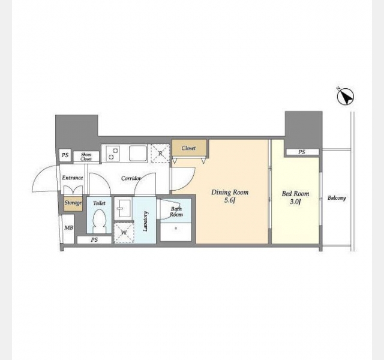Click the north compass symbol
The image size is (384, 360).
click(x=346, y=97)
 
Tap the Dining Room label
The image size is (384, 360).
click(x=230, y=193)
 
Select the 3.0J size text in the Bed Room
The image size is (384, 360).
click(x=295, y=202)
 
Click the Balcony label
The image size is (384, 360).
click(x=337, y=198)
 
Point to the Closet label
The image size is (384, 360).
click(x=188, y=148)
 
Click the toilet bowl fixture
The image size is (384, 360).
click(x=99, y=221)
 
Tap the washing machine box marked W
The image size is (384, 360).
click(x=124, y=232)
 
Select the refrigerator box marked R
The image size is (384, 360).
click(x=160, y=153)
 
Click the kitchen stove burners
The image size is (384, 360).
click(x=113, y=153)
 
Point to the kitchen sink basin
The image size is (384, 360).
click(x=138, y=154)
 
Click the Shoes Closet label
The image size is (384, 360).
click(x=86, y=157)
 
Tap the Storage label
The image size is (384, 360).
click(x=73, y=203)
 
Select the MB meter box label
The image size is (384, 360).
click(x=68, y=228)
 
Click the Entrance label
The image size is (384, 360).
click(x=73, y=178)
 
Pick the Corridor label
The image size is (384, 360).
click(x=131, y=178)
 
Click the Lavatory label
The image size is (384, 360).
click(x=145, y=221)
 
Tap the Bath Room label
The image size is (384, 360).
click(x=176, y=212)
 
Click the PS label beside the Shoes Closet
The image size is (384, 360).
click(x=65, y=155)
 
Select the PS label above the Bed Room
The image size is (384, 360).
click(x=302, y=152)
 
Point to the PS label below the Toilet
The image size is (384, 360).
click(x=94, y=240)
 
